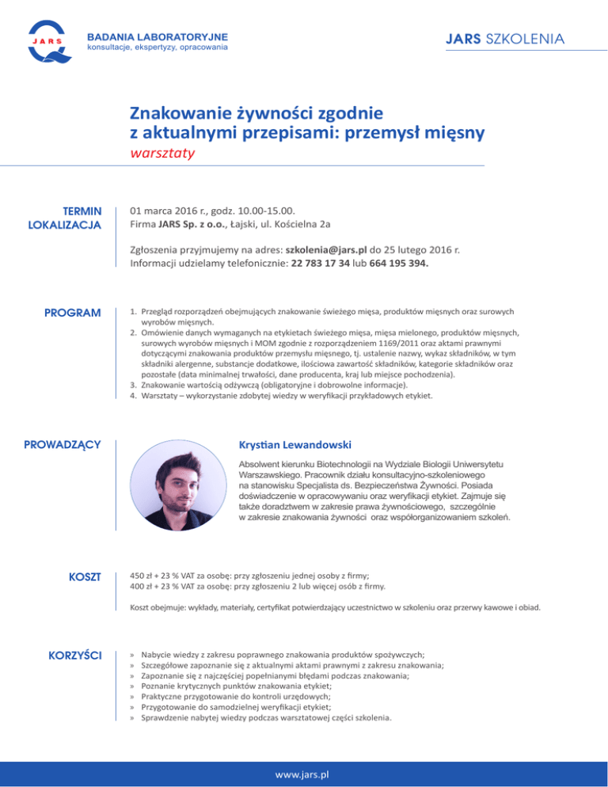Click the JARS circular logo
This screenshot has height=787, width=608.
pos(47,42)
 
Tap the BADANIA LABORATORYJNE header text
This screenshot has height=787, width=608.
pos(157,36)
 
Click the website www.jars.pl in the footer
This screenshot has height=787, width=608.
pos(303,772)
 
